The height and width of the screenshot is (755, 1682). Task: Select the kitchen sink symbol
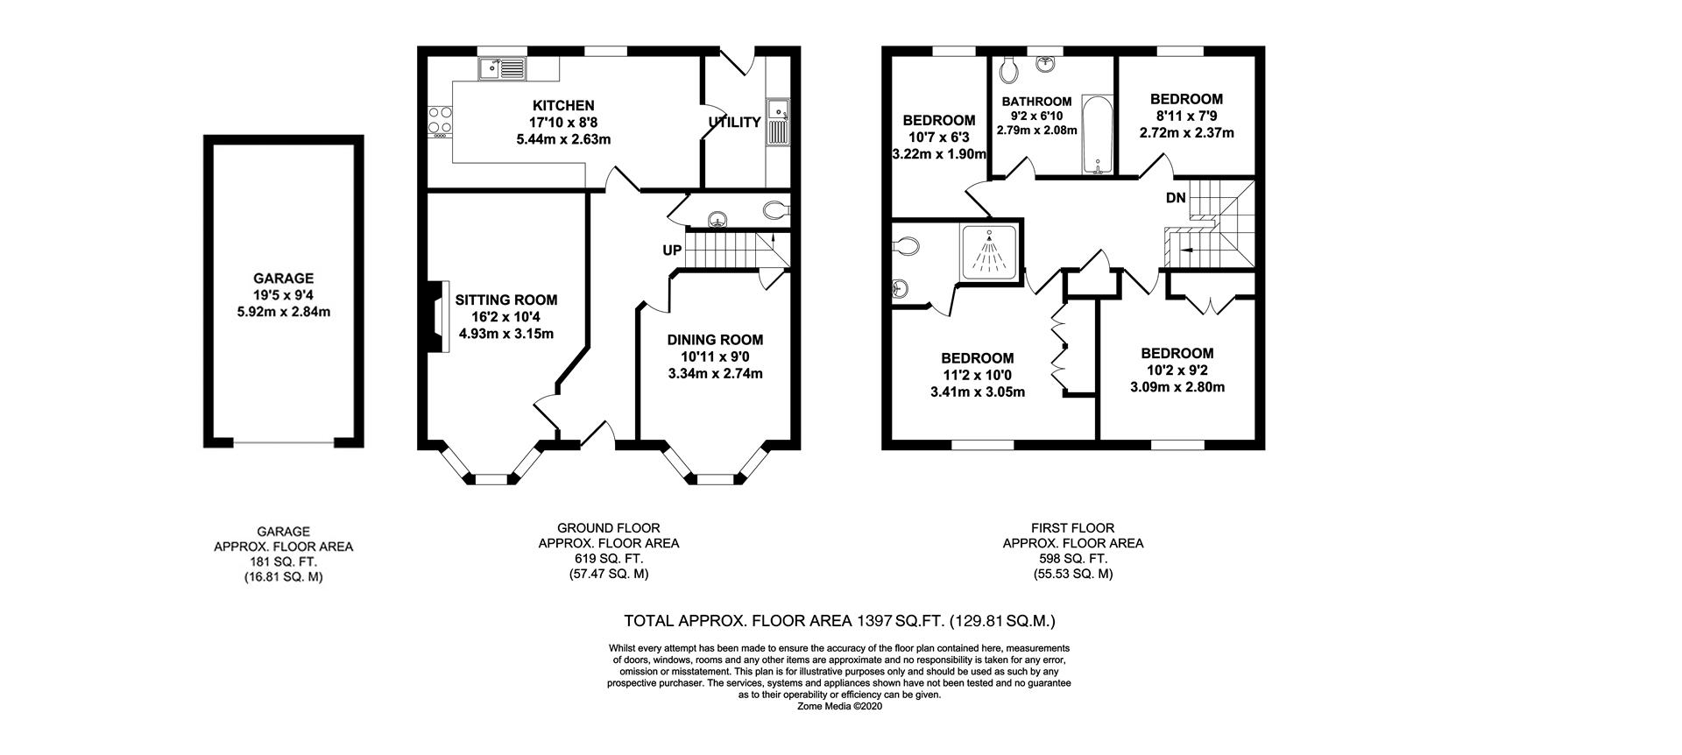click(501, 67)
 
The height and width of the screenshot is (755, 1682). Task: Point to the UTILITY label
click(734, 123)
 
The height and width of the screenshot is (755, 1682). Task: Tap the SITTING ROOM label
click(506, 300)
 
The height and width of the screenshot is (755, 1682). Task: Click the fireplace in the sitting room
click(436, 316)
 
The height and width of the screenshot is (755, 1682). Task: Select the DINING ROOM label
click(715, 340)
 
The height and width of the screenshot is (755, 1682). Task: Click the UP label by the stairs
click(672, 250)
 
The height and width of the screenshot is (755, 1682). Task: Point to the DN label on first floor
click(1176, 198)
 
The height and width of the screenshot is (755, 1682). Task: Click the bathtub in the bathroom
click(1095, 135)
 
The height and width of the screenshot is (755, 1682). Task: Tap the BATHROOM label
click(1037, 102)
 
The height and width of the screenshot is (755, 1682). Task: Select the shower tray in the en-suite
click(992, 254)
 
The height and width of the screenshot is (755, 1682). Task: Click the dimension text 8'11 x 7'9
click(1186, 116)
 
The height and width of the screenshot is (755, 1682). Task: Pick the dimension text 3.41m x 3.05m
click(978, 392)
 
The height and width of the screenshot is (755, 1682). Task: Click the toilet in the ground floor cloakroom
click(776, 210)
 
